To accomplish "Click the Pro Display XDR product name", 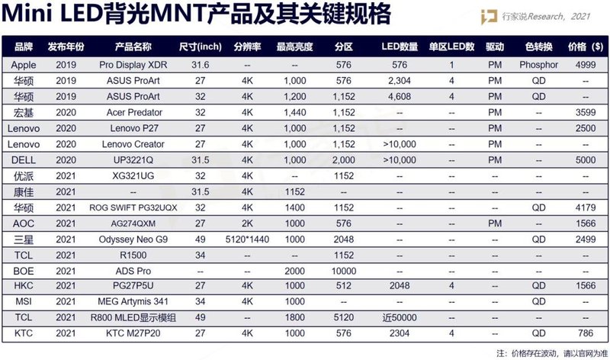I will coord(133,65).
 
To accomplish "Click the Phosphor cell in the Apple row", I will coord(539,65).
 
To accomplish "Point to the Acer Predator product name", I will coord(133,112).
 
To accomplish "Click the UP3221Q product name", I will coord(133,159).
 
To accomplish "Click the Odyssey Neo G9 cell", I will coord(133,238).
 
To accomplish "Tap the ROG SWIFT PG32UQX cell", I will coord(133,207).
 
